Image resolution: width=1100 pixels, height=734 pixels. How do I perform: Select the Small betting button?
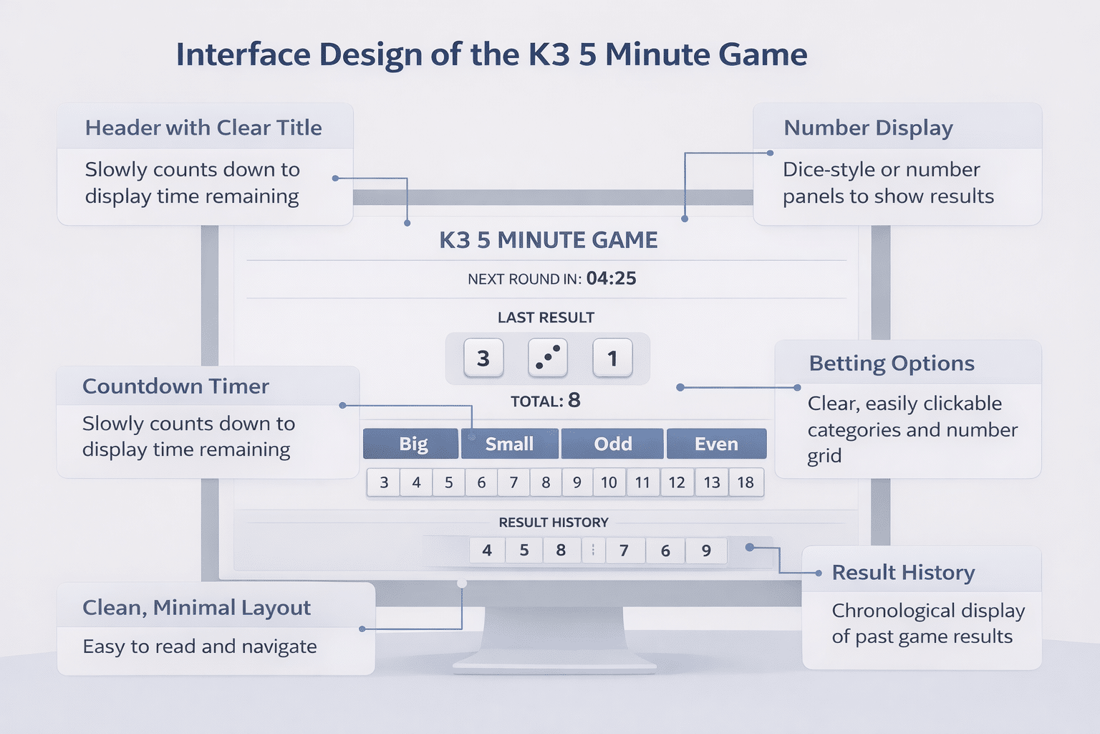(x=509, y=444)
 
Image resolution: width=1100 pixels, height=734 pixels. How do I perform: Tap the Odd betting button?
(x=612, y=444)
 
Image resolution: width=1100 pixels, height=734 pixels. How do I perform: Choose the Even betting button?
(x=716, y=444)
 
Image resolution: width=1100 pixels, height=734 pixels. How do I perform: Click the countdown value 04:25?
(x=611, y=278)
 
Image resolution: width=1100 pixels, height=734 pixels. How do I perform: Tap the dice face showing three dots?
(x=548, y=358)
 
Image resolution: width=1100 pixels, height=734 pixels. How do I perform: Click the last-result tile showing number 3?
(x=483, y=358)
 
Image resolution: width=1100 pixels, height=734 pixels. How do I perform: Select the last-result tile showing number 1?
(x=612, y=358)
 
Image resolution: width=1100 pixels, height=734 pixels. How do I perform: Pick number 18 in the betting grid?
(x=746, y=482)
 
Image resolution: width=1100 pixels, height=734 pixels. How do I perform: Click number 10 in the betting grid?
(x=609, y=482)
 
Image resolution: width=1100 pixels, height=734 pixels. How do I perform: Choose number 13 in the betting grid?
(x=712, y=482)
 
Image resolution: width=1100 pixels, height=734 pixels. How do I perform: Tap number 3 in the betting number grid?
(x=384, y=482)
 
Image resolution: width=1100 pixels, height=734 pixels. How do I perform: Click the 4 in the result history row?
(x=487, y=550)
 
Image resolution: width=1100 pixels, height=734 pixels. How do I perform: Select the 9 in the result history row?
(x=706, y=550)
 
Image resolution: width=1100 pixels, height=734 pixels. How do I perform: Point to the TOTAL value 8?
(x=574, y=400)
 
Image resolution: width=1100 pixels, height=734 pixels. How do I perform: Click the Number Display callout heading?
(x=868, y=128)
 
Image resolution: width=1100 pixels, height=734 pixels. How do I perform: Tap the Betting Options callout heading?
(x=892, y=363)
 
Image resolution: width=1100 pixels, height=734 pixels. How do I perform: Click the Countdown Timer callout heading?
(x=175, y=386)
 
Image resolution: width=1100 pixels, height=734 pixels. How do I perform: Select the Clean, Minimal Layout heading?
(x=196, y=608)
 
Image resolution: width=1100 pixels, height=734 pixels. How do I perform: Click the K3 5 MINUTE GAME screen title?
(x=549, y=240)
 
